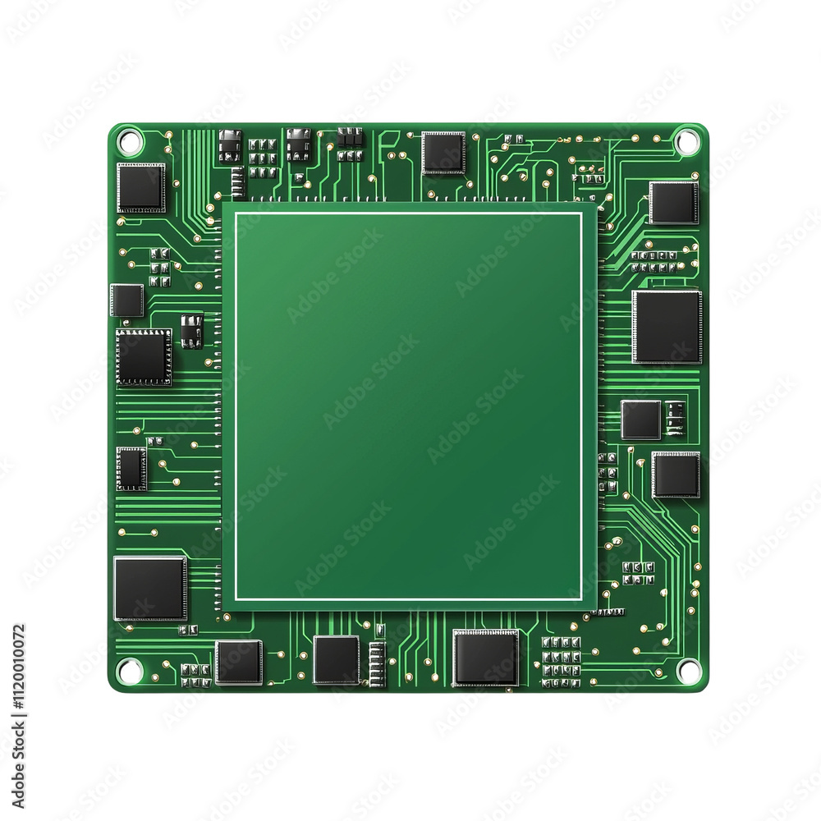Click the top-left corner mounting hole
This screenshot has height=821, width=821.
pos(130,141)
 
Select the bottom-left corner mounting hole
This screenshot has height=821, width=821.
pos(129,670)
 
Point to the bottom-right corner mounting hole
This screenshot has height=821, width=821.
pos(688,671)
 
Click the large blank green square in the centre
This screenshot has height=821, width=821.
pos(409,406)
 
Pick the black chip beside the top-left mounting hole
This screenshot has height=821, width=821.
pos(141,188)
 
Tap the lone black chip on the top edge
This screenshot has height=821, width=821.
pos(443,153)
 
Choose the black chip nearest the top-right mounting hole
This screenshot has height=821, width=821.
pos(674,203)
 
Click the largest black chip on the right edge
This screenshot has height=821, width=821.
pos(667,327)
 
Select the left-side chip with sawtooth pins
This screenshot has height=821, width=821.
pos(144,357)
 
